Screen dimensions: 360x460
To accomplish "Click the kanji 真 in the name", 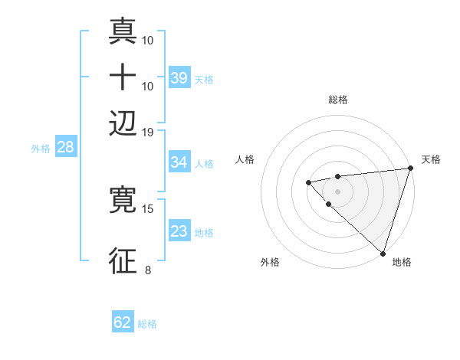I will coord(123,32).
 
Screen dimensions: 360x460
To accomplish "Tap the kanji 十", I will coord(123,77).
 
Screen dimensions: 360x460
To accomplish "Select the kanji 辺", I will coord(123,123).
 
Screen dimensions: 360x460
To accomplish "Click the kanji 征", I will coord(123,260).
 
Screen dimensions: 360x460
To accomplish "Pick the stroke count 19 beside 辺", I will coord(148,132).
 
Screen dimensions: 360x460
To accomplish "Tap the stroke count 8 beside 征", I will coord(148,269).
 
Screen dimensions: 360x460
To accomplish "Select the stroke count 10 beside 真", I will coord(148,40).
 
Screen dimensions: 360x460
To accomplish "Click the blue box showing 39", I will coord(179,78).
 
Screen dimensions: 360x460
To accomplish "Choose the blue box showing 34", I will coord(179,162).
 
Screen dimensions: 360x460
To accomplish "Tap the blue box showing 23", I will coord(179,231).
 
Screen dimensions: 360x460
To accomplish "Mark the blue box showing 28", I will coord(65,148).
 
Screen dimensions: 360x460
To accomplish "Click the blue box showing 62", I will coord(123,322).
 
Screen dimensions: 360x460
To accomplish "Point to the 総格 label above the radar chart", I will coord(338,100).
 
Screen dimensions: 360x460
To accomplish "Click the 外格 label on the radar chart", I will coord(270,262).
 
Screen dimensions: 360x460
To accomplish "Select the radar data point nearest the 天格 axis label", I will coord(410,169).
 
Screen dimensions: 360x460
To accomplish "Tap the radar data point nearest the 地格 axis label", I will coord(383,253).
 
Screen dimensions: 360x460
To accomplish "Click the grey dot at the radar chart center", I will coord(337,191).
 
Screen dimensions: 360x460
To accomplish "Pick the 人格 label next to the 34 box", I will coord(204,163).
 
